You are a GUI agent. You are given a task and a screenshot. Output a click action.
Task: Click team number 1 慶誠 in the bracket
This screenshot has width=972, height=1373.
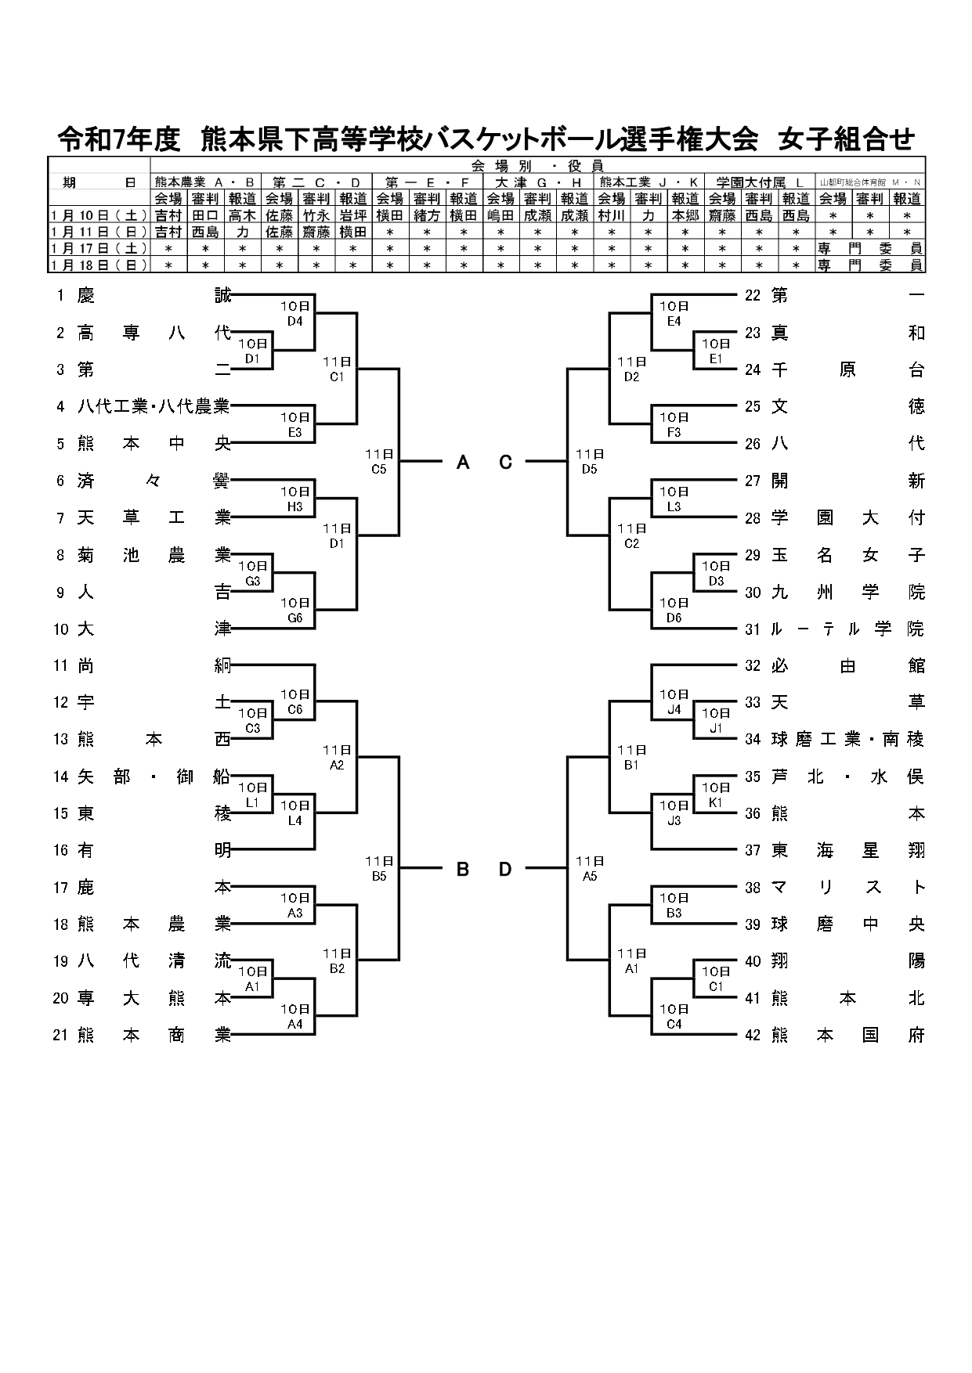(x=145, y=296)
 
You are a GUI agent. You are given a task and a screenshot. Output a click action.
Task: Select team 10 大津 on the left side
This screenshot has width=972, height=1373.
(x=145, y=629)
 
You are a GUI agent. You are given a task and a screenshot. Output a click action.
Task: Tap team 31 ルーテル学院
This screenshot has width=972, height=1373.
(x=835, y=629)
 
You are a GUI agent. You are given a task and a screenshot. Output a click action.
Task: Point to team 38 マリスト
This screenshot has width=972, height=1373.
(x=835, y=888)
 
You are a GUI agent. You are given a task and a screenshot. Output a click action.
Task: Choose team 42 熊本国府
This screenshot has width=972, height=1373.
(x=835, y=1036)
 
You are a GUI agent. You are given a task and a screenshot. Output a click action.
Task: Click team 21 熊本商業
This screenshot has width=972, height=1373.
(x=145, y=1036)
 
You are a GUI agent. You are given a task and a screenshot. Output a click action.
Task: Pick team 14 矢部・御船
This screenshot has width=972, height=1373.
(x=145, y=777)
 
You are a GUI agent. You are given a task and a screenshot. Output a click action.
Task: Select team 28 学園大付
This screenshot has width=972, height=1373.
(x=835, y=518)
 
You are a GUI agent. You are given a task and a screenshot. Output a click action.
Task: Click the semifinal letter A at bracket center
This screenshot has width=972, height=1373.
(x=463, y=463)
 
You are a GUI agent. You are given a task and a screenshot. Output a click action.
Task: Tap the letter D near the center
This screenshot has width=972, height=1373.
(x=505, y=869)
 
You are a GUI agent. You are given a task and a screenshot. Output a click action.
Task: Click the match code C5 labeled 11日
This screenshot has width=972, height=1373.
(x=379, y=469)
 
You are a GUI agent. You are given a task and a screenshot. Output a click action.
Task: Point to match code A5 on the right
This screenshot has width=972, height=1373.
(x=590, y=876)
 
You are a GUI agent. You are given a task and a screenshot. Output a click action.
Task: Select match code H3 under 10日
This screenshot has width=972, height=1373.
(x=294, y=506)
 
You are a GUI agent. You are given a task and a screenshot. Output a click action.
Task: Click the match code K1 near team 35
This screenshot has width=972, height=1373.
(x=715, y=802)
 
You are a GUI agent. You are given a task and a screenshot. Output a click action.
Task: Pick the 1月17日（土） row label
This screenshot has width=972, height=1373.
(x=99, y=248)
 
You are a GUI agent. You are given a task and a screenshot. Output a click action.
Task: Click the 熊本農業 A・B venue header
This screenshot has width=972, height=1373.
(x=205, y=182)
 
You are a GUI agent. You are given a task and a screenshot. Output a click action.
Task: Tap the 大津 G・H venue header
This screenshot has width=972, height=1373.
(x=538, y=182)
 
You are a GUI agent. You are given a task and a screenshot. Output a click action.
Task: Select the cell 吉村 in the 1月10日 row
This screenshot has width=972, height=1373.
(x=168, y=215)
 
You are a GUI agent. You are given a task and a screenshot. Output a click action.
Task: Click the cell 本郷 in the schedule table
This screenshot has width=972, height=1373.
(x=685, y=215)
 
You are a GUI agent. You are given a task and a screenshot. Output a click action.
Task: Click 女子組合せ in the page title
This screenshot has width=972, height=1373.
(x=846, y=139)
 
